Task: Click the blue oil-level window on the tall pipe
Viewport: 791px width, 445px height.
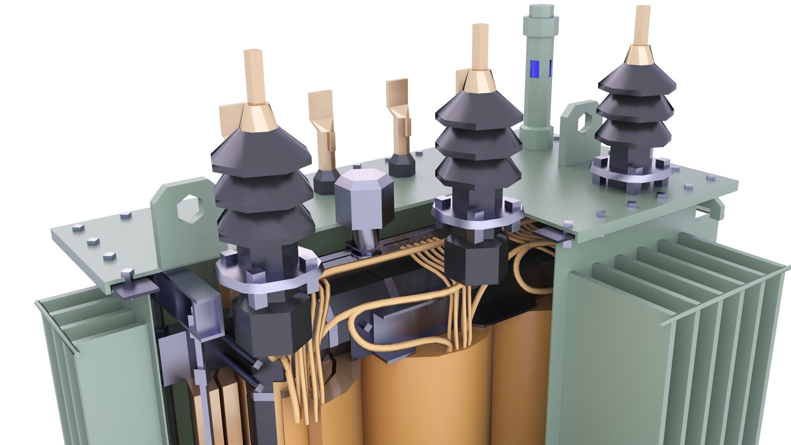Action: click(x=534, y=69)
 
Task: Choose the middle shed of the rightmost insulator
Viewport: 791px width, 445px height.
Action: click(x=635, y=108)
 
